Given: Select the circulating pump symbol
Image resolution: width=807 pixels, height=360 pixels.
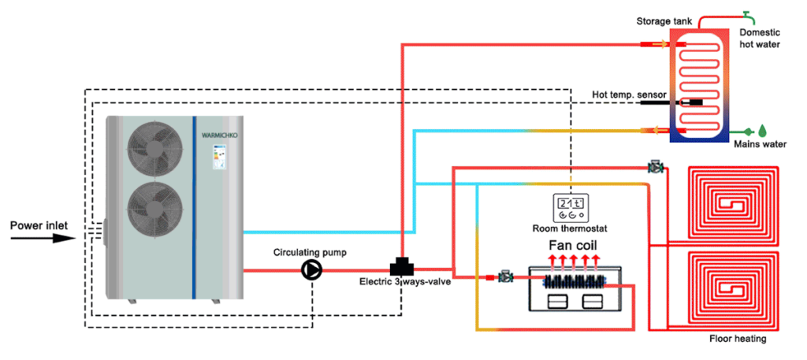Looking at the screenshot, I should coord(313,270).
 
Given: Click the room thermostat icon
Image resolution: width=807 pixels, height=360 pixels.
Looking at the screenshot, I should coord(572,207).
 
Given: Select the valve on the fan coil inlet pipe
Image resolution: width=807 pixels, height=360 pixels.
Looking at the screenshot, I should coord(505,277).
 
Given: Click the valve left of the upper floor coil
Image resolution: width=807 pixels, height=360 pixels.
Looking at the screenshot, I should coord(655,167).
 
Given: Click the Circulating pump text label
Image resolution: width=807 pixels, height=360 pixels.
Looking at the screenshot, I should coord(307,252).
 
